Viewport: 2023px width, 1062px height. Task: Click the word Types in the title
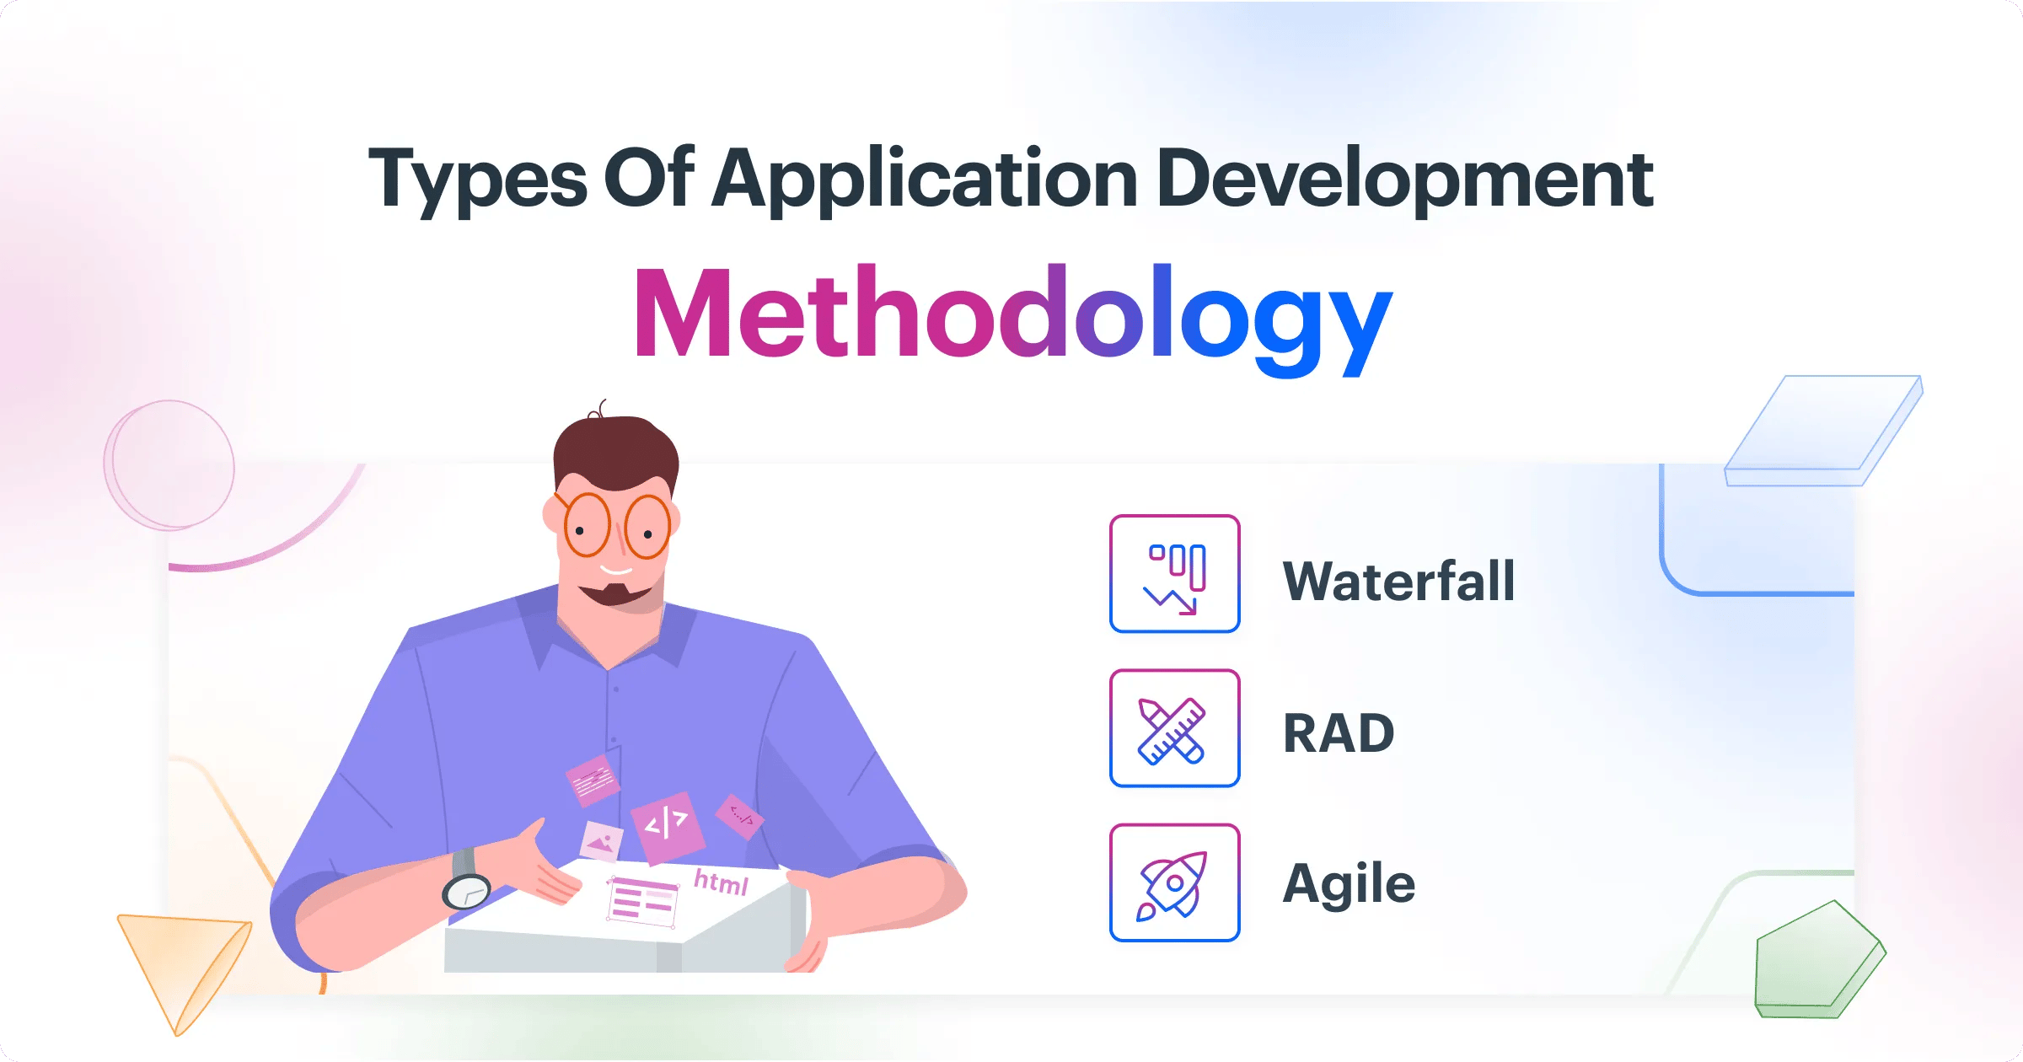tap(477, 179)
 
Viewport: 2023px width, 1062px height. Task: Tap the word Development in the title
tap(1404, 179)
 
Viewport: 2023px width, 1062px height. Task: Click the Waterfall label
tap(1398, 581)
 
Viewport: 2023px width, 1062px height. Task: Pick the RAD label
tap(1339, 732)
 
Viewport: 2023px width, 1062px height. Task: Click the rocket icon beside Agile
tap(1174, 882)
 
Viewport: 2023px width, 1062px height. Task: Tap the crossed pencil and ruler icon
tap(1174, 729)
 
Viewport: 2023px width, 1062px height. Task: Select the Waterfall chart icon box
tap(1174, 574)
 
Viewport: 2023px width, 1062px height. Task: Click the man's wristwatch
tap(466, 890)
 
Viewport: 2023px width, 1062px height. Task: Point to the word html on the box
tap(721, 882)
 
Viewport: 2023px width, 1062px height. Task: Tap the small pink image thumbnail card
tap(602, 840)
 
